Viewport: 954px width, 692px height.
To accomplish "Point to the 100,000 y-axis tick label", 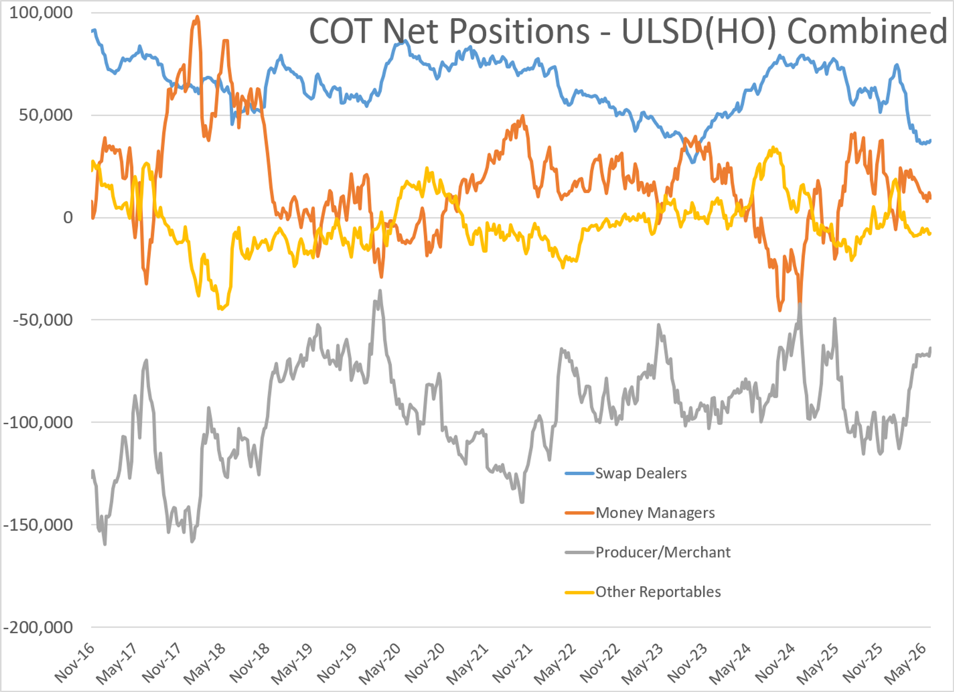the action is click(41, 13).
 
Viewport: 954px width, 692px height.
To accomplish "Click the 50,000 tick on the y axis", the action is click(46, 115).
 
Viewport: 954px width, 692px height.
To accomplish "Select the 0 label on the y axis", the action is click(68, 218).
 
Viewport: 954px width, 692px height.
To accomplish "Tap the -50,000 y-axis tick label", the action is click(42, 320).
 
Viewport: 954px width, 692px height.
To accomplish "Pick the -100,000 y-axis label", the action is click(38, 422).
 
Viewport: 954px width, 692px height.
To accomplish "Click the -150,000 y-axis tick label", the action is click(38, 525).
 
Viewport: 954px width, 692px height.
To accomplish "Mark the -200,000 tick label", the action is click(38, 627).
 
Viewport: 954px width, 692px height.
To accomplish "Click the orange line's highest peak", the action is click(197, 17).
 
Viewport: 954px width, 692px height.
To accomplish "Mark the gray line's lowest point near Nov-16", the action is click(105, 544).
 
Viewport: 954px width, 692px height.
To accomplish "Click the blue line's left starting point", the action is click(92, 31).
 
